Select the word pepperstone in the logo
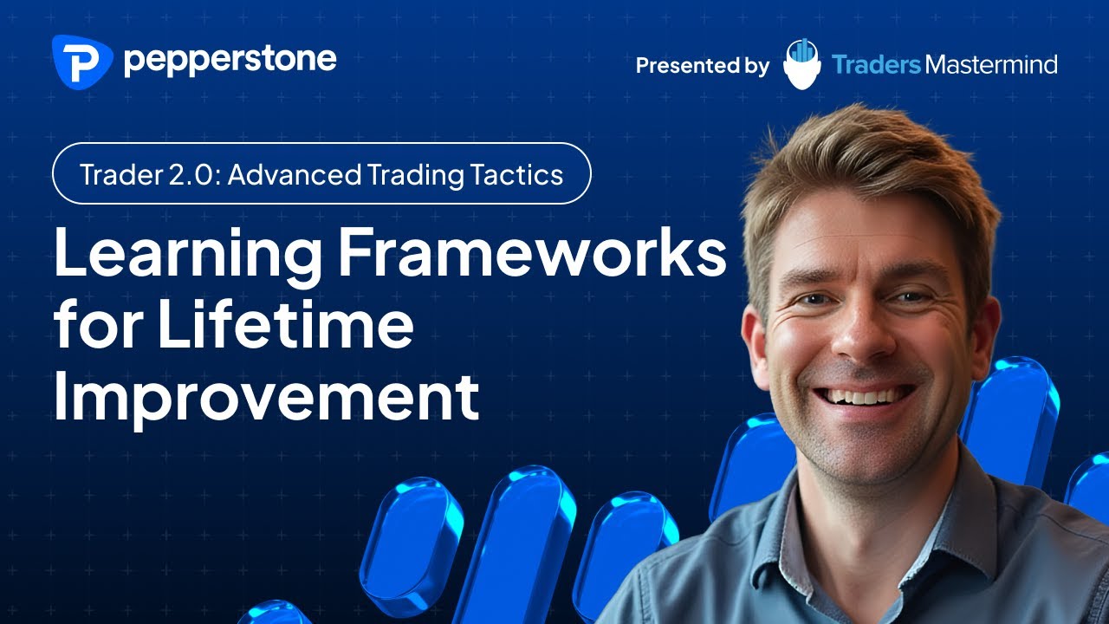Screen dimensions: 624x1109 (x=230, y=61)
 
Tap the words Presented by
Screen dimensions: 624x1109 (x=702, y=65)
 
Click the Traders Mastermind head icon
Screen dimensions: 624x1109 (x=801, y=63)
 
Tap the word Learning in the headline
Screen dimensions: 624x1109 (x=186, y=248)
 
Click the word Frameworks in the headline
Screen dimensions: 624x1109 (x=531, y=248)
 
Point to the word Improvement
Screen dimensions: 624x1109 (x=266, y=396)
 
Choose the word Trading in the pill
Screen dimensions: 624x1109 (x=414, y=174)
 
